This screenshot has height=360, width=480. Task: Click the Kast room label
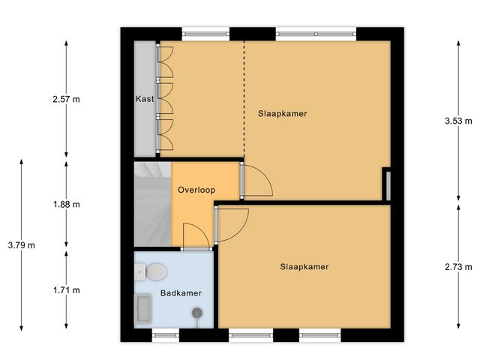(144, 99)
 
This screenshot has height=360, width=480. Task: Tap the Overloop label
(196, 190)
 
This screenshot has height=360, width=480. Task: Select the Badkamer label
(181, 293)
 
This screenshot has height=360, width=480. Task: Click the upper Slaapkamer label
(283, 113)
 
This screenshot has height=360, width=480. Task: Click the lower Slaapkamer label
(304, 266)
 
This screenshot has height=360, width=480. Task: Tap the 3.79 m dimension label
(21, 244)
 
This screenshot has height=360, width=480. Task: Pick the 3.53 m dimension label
(458, 121)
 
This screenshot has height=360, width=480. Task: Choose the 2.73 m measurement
(458, 267)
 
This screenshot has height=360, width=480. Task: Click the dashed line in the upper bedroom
(244, 97)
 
